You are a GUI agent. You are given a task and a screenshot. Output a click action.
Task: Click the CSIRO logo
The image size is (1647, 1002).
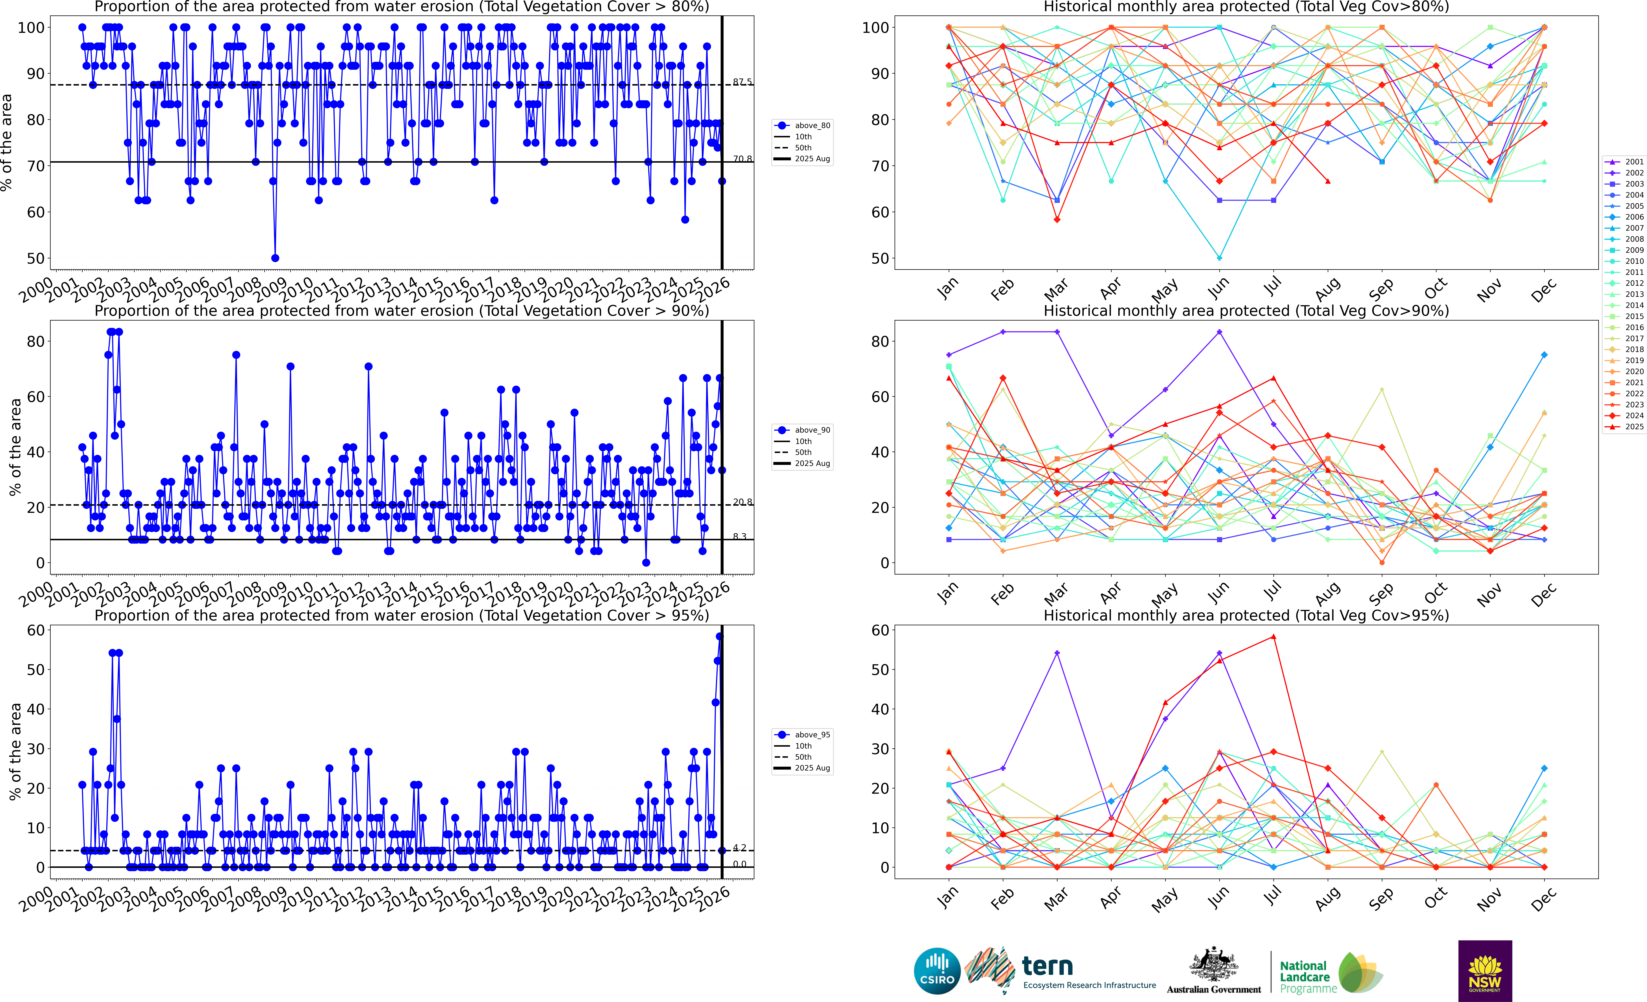click(936, 971)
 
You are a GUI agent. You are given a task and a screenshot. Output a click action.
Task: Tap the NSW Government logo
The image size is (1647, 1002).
click(1485, 971)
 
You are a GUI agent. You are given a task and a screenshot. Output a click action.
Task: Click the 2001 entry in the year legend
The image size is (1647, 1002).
click(1629, 162)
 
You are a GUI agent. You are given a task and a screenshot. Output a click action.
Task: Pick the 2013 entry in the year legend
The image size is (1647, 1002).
click(1629, 294)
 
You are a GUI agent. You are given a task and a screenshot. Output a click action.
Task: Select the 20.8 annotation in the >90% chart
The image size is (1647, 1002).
click(742, 502)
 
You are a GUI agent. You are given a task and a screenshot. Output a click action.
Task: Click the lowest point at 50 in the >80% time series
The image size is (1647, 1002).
click(275, 258)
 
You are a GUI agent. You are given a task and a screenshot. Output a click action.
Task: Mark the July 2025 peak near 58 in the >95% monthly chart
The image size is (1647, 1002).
click(1273, 637)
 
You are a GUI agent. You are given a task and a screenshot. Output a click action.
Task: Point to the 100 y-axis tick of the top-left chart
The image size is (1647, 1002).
click(31, 27)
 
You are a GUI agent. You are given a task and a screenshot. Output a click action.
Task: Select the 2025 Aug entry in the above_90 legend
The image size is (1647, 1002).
click(811, 464)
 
